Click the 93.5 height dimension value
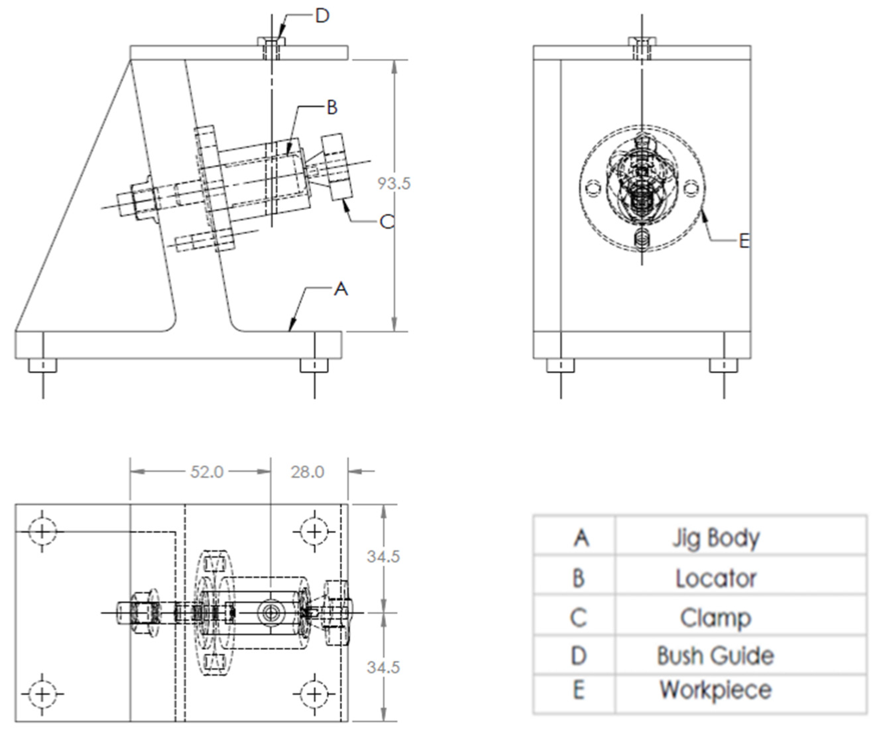pos(394,183)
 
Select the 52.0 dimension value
pos(207,472)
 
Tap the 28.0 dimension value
pos(307,472)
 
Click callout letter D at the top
pos(322,16)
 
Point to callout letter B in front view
pos(332,107)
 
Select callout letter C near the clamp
pos(387,222)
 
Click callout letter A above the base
pos(341,288)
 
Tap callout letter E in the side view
pos(744,241)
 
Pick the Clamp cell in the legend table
pos(716,618)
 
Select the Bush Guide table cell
pos(716,655)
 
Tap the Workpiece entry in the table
pos(716,689)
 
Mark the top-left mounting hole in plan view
pos(42,532)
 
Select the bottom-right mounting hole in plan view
pos(315,694)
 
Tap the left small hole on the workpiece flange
pos(592,189)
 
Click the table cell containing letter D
pos(579,655)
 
